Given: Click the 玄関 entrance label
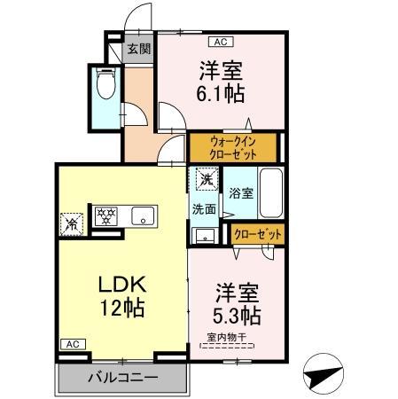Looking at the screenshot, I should (x=137, y=50).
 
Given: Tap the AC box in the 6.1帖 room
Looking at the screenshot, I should (x=218, y=40).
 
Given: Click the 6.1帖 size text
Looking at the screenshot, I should (x=221, y=92).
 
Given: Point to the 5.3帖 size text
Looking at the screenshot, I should (x=237, y=315).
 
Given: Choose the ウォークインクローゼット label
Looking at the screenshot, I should (x=233, y=146).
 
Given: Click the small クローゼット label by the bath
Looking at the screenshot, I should (x=257, y=234).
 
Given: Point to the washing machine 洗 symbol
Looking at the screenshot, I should (x=206, y=181).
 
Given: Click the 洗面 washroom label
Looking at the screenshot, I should (x=205, y=209).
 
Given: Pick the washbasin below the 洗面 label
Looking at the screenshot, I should (x=205, y=234).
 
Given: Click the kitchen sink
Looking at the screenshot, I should (x=142, y=215).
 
